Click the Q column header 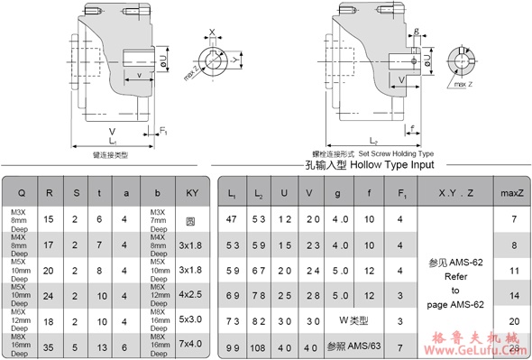coord(22,193)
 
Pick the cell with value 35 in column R coord(49,346)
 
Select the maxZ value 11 coord(514,270)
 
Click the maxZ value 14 coord(514,295)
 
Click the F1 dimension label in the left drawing coord(163,133)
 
